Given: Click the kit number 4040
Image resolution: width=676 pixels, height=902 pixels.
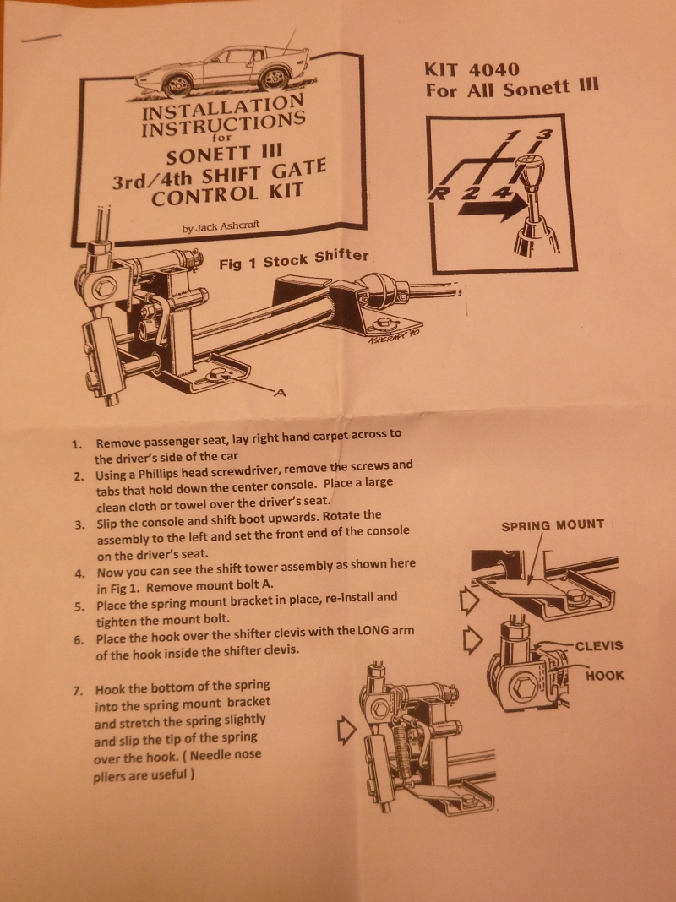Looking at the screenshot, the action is (493, 70).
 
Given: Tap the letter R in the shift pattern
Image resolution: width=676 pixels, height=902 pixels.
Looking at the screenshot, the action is (439, 194).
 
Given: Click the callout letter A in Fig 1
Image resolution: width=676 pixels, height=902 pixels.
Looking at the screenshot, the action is (280, 393).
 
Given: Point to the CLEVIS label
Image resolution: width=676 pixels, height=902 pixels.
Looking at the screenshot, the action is (599, 645).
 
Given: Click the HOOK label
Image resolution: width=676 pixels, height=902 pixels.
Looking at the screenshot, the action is (605, 675).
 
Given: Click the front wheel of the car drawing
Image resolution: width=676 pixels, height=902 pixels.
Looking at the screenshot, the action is (177, 85).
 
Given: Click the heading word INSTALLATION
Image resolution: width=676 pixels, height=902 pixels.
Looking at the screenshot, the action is (222, 107).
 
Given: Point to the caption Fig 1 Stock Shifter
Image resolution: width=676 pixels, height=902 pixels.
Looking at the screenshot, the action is (293, 259).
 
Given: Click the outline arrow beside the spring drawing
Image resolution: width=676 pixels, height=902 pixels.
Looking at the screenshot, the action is (346, 730).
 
